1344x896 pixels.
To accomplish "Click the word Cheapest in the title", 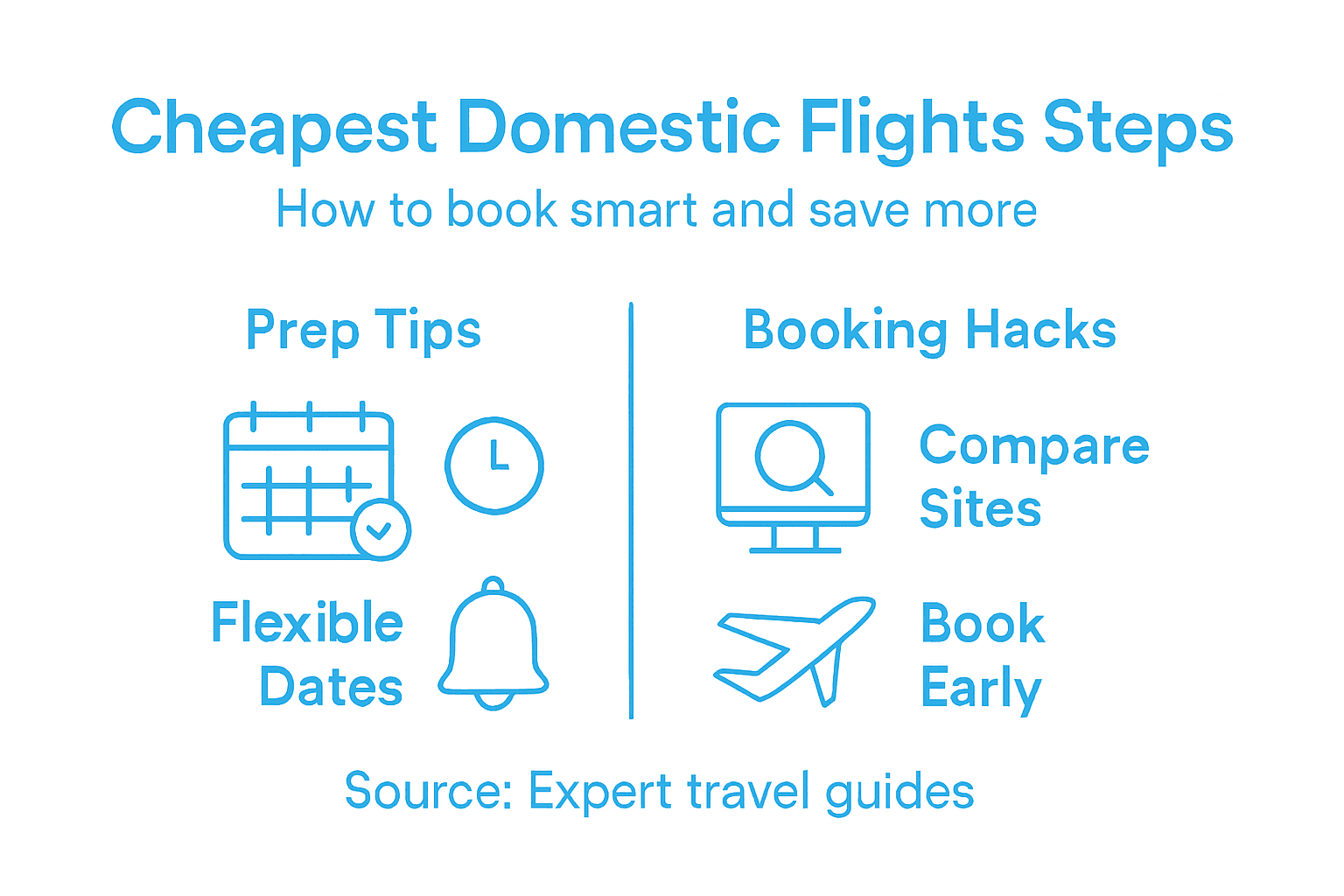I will pos(273,129).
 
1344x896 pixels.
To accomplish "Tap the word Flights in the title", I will pos(911,129).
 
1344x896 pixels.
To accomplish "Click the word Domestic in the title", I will pos(618,127).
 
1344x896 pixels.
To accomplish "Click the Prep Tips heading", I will pos(363,331).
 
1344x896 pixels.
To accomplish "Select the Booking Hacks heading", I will pos(929,331).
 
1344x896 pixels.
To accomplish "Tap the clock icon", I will pos(494,465).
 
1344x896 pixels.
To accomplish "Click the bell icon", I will pos(493,646).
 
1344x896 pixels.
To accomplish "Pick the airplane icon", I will pos(792,649).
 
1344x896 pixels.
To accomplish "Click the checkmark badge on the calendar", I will pos(380,529).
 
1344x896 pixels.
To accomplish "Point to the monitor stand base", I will pos(794,549).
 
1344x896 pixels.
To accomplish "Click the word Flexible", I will pos(307,623).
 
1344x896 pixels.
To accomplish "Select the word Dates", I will pos(331,687).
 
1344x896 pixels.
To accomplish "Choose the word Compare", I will pos(1033,446).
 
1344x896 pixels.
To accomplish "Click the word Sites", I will pos(980,509).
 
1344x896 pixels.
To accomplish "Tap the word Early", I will pos(980,689).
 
